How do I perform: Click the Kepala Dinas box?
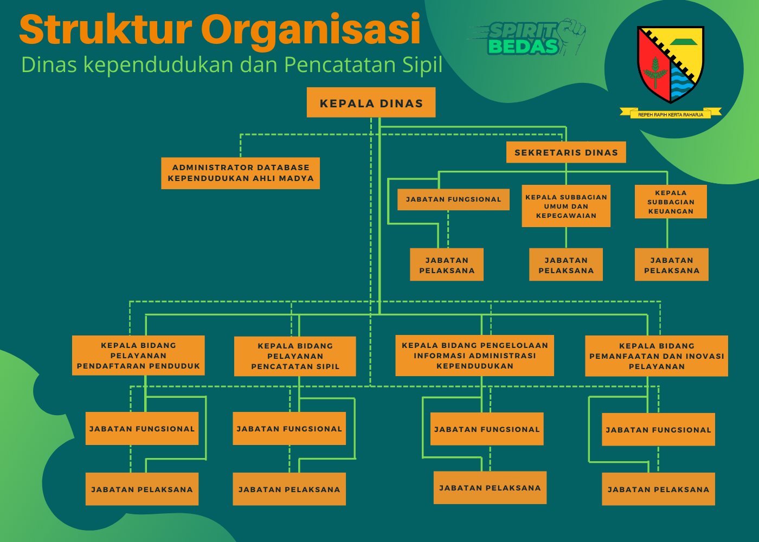pos(371,102)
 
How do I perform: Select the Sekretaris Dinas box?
pos(566,152)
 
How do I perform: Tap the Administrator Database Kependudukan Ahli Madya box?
pos(240,173)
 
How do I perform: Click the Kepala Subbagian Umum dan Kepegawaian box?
pos(566,206)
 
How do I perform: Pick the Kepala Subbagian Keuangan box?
pos(671,202)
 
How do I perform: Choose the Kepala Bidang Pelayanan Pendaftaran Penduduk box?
pos(138,356)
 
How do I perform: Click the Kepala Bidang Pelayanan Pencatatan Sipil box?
pos(295,356)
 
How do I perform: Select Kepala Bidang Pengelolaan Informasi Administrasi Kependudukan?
pos(474,356)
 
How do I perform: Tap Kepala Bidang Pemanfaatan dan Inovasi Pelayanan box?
pos(657,356)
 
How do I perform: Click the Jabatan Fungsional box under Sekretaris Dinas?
pos(453,199)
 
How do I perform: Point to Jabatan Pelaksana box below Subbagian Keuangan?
pos(672,264)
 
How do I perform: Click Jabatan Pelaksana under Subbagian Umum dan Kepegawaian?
pos(566,264)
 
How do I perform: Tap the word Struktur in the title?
pos(106,29)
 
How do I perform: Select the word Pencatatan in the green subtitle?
pos(340,64)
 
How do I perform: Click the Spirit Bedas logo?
pos(527,37)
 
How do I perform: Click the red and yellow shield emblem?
pos(671,64)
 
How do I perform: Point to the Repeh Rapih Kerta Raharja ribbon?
pos(671,113)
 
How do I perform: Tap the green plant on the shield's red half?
pos(655,72)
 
